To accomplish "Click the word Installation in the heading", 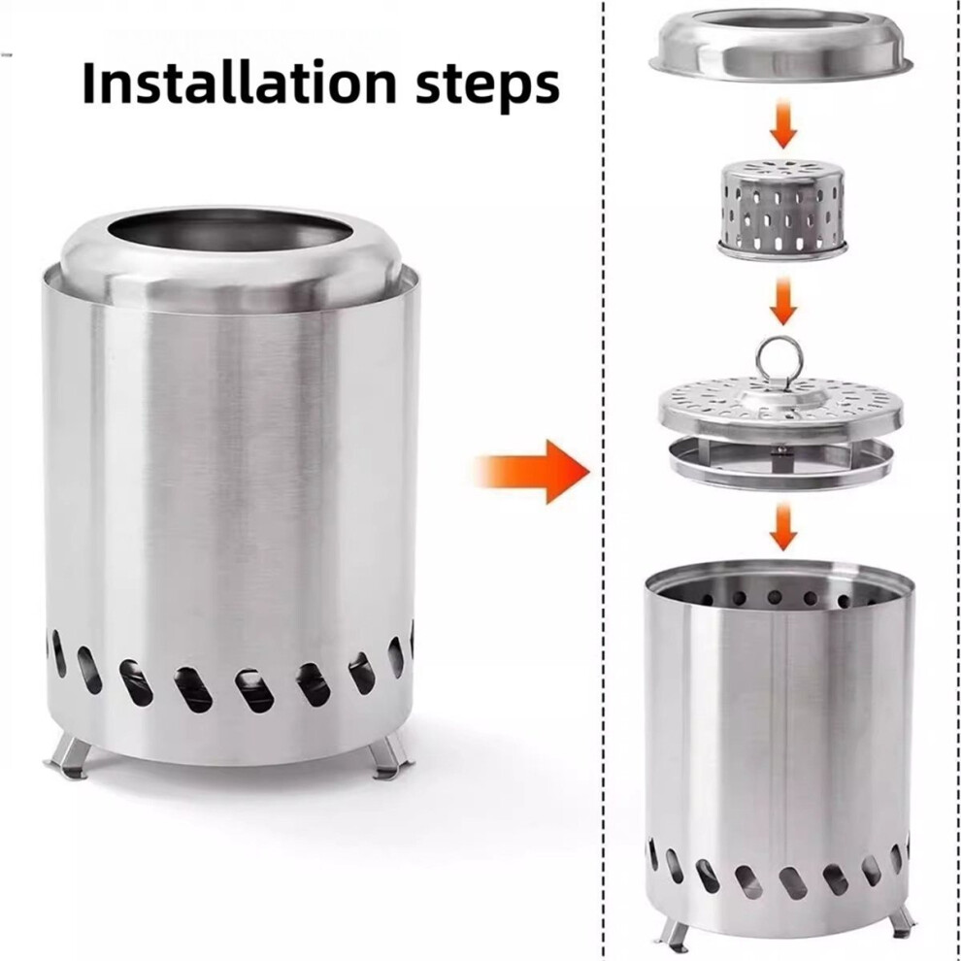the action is pos(240,83).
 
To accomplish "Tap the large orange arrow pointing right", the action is pos(532,472).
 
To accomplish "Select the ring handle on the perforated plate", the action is pos(779,361).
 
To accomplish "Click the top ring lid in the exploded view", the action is pos(780,46).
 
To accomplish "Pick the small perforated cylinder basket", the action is pos(782,209).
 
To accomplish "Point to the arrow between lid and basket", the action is pos(782,124).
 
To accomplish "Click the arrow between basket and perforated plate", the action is pos(782,302).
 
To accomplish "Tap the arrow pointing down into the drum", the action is pos(782,527).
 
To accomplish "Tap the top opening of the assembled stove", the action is pos(230,230).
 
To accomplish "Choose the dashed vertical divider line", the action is pos(604,480).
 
